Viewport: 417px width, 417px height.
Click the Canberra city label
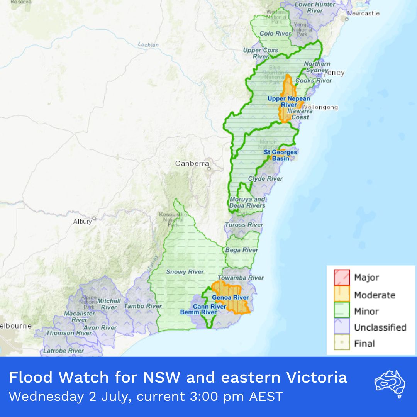click(x=192, y=163)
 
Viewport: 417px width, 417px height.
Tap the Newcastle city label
click(x=363, y=14)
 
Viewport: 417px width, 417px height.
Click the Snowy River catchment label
click(x=185, y=272)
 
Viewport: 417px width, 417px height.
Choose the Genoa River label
click(x=230, y=298)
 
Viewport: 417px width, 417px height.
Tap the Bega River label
click(x=242, y=250)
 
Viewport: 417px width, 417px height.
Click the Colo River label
click(x=275, y=34)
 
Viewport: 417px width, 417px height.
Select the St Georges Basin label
click(x=280, y=155)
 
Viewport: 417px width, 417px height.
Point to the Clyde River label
click(x=265, y=179)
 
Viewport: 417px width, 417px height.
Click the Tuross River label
click(x=244, y=225)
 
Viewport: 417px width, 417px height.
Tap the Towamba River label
click(x=241, y=278)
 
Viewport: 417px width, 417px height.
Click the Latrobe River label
click(x=63, y=351)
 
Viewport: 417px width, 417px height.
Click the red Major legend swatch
click(x=342, y=277)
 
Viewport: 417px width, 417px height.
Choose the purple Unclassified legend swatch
click(x=342, y=327)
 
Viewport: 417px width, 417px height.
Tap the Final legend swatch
click(x=342, y=343)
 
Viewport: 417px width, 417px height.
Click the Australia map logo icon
click(x=390, y=384)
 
